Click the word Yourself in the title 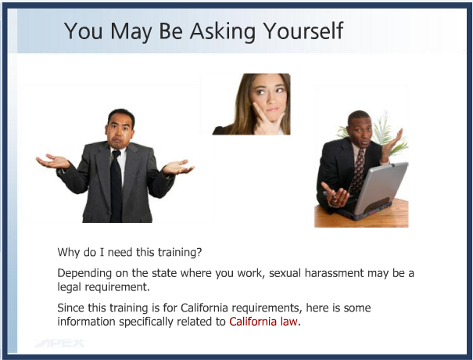[x=303, y=31]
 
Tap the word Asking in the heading [x=223, y=31]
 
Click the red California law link [x=263, y=322]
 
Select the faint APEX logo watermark [x=61, y=343]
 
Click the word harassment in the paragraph [x=335, y=272]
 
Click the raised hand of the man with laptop [x=393, y=142]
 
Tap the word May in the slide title [x=131, y=31]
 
